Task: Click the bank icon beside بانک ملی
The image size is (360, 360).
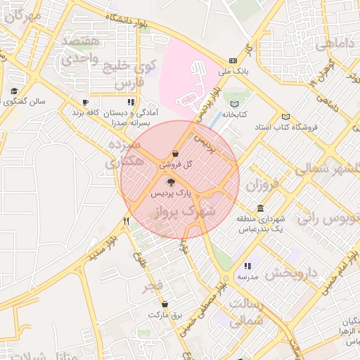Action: [x=233, y=60]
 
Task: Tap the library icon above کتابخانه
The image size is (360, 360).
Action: [x=235, y=104]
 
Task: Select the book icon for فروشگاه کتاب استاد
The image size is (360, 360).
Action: [x=285, y=117]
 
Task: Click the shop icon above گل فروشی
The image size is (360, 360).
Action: [x=174, y=154]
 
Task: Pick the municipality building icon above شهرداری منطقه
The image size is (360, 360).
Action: [x=261, y=209]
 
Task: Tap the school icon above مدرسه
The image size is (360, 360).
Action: [x=247, y=266]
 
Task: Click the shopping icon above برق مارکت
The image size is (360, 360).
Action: [x=165, y=304]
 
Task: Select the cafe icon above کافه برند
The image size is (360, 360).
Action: [x=86, y=103]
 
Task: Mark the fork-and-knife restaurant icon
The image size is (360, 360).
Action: [x=127, y=221]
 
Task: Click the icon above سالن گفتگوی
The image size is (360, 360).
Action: [x=14, y=91]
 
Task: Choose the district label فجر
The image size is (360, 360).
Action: [x=155, y=285]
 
